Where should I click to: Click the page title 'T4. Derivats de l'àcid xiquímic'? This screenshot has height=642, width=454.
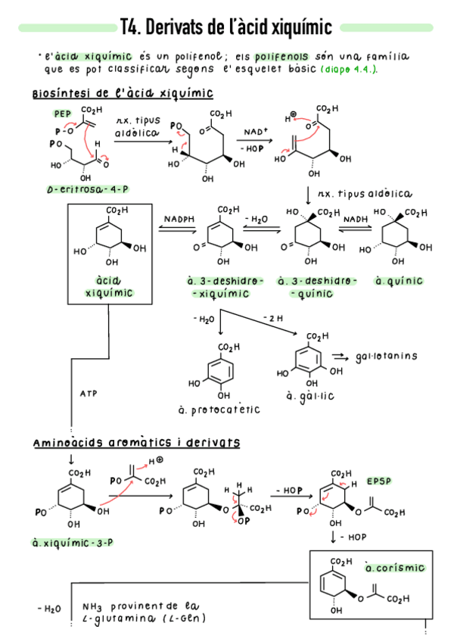click(x=226, y=28)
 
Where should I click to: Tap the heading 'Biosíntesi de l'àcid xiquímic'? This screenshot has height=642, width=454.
click(x=122, y=94)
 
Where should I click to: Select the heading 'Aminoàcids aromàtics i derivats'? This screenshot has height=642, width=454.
click(x=136, y=442)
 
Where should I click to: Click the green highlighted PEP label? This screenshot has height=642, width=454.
click(x=61, y=114)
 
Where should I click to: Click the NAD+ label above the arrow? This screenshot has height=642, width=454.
click(x=254, y=132)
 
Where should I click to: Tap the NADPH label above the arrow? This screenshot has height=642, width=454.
click(x=179, y=219)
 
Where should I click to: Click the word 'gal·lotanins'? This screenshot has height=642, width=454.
click(x=386, y=356)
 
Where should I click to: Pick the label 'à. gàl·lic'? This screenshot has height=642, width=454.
click(x=311, y=396)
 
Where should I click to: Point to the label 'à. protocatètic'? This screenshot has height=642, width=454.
click(x=219, y=410)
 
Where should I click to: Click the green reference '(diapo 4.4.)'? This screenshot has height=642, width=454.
click(x=350, y=70)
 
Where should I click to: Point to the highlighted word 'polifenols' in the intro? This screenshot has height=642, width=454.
click(x=281, y=57)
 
